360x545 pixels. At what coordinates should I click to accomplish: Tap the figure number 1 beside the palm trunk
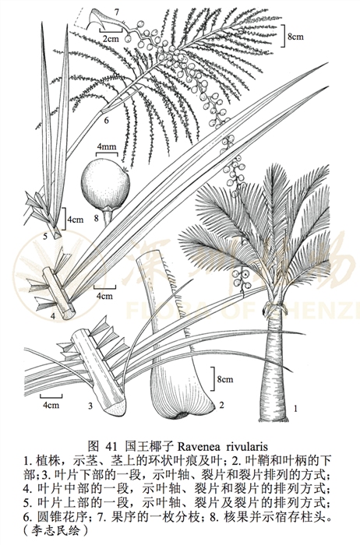click(x=295, y=409)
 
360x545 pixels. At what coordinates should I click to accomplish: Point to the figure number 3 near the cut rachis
click(x=90, y=406)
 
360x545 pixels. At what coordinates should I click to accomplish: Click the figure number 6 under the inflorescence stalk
click(x=106, y=121)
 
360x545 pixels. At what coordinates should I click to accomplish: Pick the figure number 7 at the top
click(x=117, y=12)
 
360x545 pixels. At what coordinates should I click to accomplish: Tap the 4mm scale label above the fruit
click(x=107, y=146)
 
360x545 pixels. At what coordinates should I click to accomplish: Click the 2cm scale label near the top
click(x=111, y=39)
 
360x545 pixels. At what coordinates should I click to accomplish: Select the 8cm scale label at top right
click(x=295, y=36)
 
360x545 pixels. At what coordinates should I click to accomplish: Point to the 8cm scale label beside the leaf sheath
click(x=225, y=379)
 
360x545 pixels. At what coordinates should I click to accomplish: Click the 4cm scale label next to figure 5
click(x=76, y=220)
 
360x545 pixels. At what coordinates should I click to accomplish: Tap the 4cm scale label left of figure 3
click(x=51, y=405)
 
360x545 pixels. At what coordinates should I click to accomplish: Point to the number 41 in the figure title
click(x=114, y=446)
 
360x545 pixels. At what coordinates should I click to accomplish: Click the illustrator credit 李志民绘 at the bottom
click(x=55, y=530)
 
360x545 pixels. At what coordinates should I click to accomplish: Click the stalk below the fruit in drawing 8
click(x=108, y=217)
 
